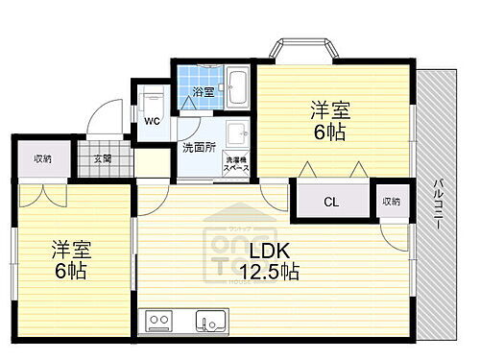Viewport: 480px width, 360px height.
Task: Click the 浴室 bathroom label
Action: pos(202,92)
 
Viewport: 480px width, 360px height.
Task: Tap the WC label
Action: pos(152,122)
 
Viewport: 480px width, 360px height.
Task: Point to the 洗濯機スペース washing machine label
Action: pos(237,163)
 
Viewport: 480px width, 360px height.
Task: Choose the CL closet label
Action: pos(330,202)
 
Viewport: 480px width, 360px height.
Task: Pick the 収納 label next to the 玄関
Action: pos(42,158)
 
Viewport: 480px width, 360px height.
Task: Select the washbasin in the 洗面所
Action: pos(236,133)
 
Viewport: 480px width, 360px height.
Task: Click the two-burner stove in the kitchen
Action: pos(156,320)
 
